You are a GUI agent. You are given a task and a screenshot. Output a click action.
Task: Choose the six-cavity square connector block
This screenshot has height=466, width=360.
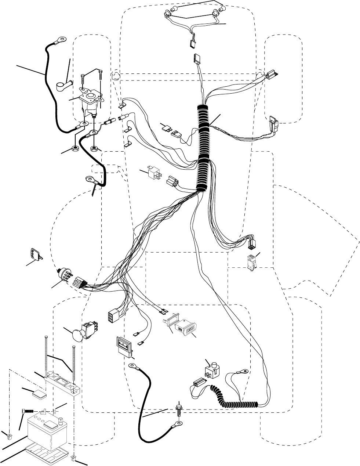pos(111,317)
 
